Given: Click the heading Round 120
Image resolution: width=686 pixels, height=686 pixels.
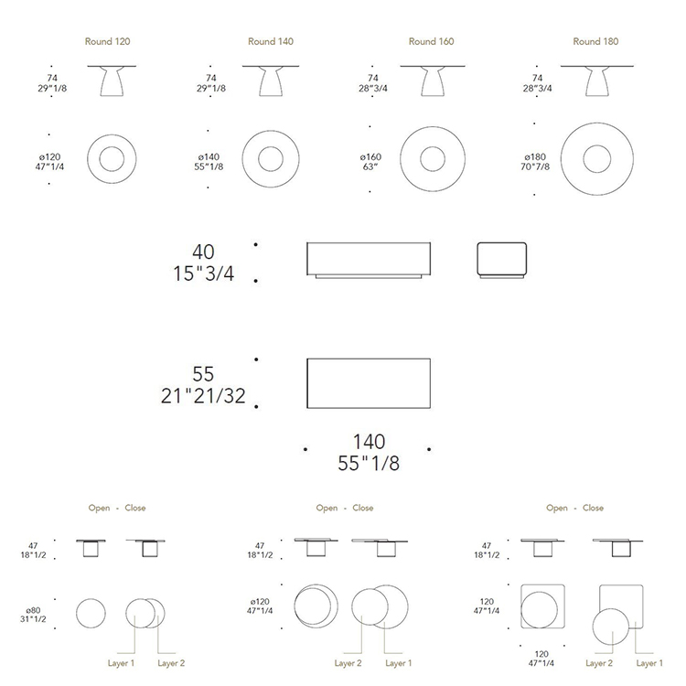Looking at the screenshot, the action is (x=107, y=41).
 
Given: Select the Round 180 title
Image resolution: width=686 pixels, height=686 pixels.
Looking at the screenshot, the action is (x=595, y=41).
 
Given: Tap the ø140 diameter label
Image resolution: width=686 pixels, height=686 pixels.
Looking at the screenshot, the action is (x=209, y=156).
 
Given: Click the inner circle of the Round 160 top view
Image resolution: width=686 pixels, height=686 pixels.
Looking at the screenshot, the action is (x=433, y=146).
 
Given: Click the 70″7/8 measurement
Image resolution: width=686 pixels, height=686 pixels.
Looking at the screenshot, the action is (x=535, y=166).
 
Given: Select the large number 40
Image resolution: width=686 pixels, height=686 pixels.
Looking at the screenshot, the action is (x=203, y=252).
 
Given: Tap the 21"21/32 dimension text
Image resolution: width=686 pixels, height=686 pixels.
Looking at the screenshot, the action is (x=203, y=396).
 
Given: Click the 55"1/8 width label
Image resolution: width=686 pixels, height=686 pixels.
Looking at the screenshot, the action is (x=369, y=464).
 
